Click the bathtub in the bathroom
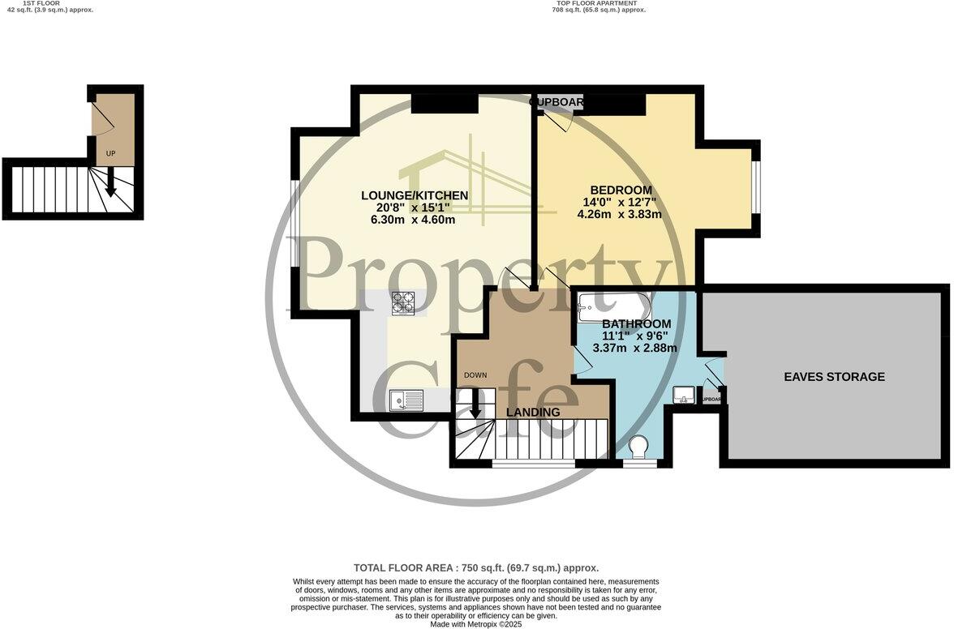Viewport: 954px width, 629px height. click(x=614, y=306)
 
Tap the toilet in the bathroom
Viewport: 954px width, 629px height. click(x=639, y=447)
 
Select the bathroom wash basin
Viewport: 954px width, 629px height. click(x=683, y=395)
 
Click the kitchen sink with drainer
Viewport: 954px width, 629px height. click(x=406, y=400)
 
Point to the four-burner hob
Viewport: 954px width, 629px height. click(x=403, y=303)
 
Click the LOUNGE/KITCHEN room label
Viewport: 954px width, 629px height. click(x=415, y=195)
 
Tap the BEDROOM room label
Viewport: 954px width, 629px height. click(x=621, y=190)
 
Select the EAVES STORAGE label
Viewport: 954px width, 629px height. click(x=834, y=377)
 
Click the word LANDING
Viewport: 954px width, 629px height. click(x=533, y=412)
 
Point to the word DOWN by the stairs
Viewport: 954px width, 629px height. click(x=475, y=375)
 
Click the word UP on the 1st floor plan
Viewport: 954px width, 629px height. click(x=111, y=153)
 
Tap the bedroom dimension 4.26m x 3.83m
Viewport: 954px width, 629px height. click(x=619, y=215)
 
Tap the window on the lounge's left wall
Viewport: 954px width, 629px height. click(x=294, y=221)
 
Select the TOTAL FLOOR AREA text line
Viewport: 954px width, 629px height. click(x=476, y=568)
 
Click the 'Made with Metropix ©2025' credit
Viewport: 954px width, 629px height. click(x=476, y=624)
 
